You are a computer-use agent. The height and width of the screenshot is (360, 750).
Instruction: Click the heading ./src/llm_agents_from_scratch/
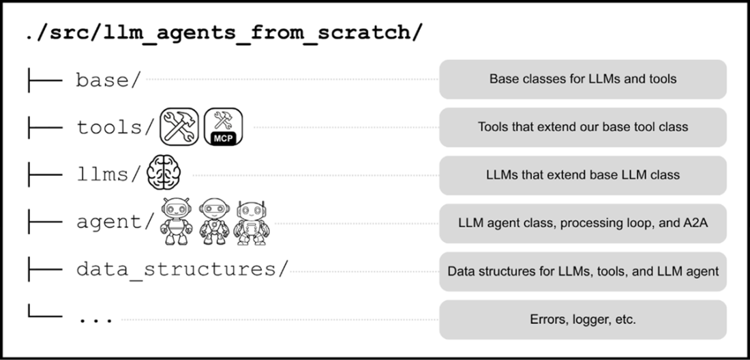225,33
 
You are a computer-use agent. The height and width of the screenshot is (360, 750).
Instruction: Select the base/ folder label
108,80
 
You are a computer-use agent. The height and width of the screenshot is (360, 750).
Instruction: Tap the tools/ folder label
116,127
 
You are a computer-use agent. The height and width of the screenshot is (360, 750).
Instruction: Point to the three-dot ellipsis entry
95,319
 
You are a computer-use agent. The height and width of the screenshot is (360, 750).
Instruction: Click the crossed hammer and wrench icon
179,127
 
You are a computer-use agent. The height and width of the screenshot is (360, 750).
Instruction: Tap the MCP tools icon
224,127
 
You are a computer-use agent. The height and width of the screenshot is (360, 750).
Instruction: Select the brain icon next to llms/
164,175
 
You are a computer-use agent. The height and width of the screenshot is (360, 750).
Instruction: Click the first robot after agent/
177,222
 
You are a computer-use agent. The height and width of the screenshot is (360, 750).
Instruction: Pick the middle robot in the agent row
214,222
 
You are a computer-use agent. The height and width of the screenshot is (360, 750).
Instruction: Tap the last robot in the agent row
252,223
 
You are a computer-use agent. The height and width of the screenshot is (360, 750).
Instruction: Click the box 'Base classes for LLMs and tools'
583,79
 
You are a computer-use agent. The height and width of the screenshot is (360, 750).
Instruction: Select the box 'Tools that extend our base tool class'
583,127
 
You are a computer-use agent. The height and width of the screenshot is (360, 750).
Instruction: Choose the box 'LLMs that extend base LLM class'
583,175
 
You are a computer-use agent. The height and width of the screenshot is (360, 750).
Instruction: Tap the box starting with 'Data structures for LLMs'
583,271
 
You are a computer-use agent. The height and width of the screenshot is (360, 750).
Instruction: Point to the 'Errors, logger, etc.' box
583,320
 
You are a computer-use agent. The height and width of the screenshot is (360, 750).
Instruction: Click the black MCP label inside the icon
224,138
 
